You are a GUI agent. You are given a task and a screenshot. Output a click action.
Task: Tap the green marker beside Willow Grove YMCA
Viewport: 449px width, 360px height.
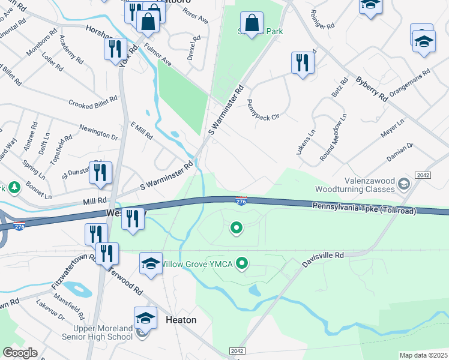[243, 263]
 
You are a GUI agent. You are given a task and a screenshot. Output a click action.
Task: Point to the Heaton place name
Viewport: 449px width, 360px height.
[181, 320]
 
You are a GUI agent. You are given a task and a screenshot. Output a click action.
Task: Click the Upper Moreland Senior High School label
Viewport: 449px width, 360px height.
[102, 332]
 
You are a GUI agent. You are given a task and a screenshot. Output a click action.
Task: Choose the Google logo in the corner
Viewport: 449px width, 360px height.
[20, 353]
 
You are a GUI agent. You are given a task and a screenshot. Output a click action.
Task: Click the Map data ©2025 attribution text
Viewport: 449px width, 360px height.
[424, 355]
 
